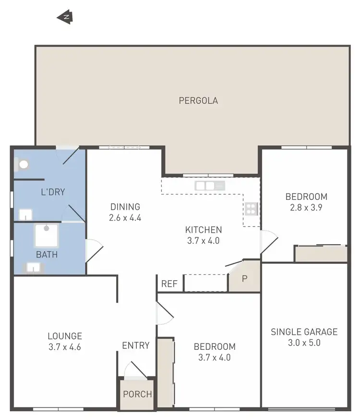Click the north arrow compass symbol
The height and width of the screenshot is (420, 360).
tap(65, 17)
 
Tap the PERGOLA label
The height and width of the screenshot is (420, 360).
tap(198, 101)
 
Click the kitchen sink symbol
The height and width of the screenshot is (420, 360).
tap(210, 185)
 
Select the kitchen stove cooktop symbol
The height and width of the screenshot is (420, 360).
tap(252, 209)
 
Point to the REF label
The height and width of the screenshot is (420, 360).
tap(169, 284)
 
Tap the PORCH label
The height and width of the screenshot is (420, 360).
tap(137, 395)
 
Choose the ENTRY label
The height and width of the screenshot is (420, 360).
tap(136, 346)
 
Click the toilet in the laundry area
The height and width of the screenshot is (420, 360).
tap(23, 164)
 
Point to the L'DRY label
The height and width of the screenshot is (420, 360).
tap(52, 192)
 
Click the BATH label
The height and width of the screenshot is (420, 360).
tap(47, 254)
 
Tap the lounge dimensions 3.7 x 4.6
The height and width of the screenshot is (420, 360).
tap(64, 347)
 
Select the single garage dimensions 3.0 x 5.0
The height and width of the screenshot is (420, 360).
tap(304, 343)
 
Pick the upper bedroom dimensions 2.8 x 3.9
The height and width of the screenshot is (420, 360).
tap(306, 208)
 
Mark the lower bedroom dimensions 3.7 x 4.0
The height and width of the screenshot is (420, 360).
tap(215, 358)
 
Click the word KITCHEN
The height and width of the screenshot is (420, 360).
tap(204, 230)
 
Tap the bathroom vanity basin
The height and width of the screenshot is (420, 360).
tap(33, 267)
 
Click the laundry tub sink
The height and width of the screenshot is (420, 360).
tap(25, 214)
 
